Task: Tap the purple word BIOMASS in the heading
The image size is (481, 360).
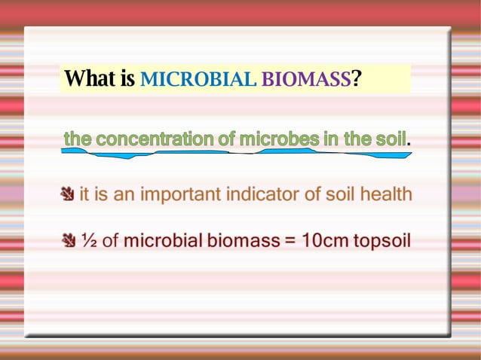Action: click(306, 79)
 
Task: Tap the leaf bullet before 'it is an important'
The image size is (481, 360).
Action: click(68, 195)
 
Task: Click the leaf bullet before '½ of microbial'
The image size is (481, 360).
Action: click(68, 241)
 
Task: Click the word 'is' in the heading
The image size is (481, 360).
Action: click(127, 78)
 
